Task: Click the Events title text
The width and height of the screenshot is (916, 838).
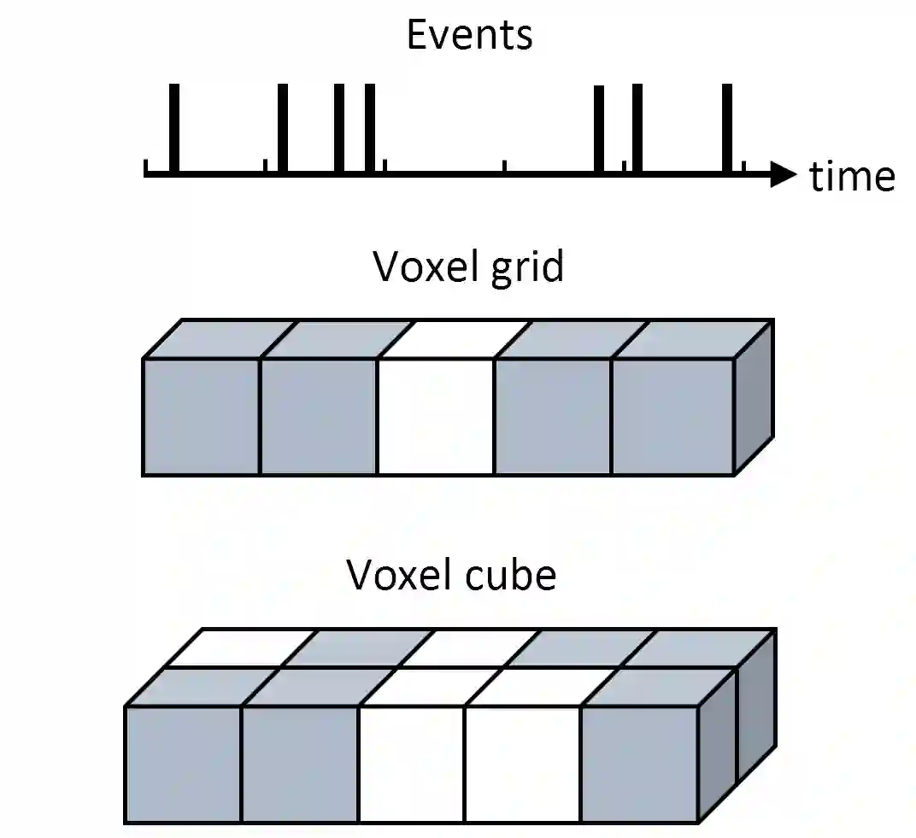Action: click(x=469, y=35)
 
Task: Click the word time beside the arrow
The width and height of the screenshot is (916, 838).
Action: click(x=852, y=177)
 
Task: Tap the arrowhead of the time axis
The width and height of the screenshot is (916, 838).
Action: click(x=782, y=173)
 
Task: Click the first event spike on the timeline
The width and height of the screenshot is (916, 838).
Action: click(x=174, y=128)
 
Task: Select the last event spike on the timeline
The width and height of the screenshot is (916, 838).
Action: click(x=727, y=128)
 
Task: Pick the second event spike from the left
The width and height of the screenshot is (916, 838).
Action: click(x=284, y=128)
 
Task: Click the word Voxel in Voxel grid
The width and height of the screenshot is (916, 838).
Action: click(x=419, y=267)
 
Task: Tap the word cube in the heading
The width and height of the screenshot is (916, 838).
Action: click(x=518, y=575)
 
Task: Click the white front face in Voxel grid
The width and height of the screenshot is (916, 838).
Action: click(x=436, y=416)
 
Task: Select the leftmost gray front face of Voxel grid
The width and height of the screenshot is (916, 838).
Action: click(x=202, y=416)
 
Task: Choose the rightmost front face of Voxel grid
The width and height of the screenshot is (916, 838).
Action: click(x=672, y=416)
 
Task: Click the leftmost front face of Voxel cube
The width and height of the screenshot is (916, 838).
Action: click(x=184, y=765)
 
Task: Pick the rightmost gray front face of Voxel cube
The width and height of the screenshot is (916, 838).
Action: click(x=639, y=765)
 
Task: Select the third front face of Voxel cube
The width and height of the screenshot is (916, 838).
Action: click(x=412, y=765)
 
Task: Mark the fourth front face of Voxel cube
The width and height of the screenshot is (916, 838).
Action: click(x=522, y=765)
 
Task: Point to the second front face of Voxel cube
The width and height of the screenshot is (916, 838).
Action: click(x=300, y=765)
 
